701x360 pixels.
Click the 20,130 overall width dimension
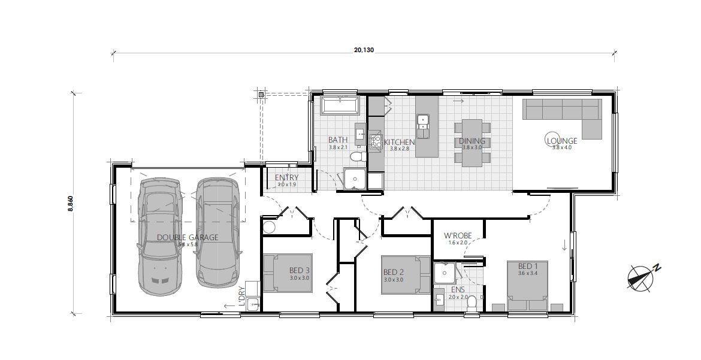click(x=364, y=50)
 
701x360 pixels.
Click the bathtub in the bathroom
click(x=340, y=106)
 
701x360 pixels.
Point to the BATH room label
click(x=337, y=140)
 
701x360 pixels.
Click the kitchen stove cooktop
click(x=376, y=141)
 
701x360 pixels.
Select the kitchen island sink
click(x=423, y=122)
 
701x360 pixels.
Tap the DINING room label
click(x=472, y=141)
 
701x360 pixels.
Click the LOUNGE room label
click(x=561, y=141)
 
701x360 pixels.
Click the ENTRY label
click(x=286, y=178)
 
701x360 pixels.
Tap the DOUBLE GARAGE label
click(x=187, y=237)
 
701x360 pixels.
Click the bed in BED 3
click(x=287, y=273)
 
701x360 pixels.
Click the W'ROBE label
click(x=459, y=235)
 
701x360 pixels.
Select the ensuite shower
click(x=445, y=273)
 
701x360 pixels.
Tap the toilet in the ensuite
click(x=472, y=303)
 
